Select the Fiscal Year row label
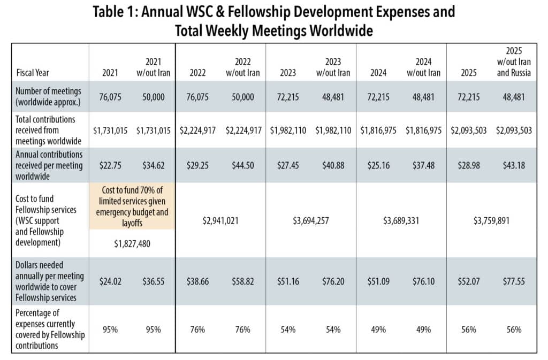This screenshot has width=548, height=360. click(x=33, y=73)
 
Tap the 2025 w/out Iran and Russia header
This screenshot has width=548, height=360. click(x=514, y=62)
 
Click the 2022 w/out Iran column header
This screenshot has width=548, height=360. click(x=243, y=67)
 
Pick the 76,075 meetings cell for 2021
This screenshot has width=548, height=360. click(x=110, y=97)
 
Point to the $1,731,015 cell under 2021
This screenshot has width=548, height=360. click(x=110, y=130)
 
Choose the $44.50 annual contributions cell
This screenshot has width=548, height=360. click(x=243, y=165)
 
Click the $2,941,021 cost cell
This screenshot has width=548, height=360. click(x=220, y=221)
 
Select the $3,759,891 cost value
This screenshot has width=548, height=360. click(x=491, y=221)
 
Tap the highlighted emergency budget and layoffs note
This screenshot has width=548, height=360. click(x=132, y=206)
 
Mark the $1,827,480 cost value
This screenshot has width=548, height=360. click(x=132, y=243)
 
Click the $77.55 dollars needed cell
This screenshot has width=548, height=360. click(x=514, y=281)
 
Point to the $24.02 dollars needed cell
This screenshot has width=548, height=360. click(x=110, y=281)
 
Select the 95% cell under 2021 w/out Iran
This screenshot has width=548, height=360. click(x=153, y=330)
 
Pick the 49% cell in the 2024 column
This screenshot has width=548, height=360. click(x=378, y=330)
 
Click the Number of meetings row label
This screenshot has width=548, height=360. click(x=48, y=96)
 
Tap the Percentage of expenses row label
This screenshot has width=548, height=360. click(x=50, y=329)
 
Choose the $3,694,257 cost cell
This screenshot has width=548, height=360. click(x=311, y=221)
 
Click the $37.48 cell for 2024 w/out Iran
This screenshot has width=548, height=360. click(x=424, y=165)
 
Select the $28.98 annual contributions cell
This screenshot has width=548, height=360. click(x=469, y=165)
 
